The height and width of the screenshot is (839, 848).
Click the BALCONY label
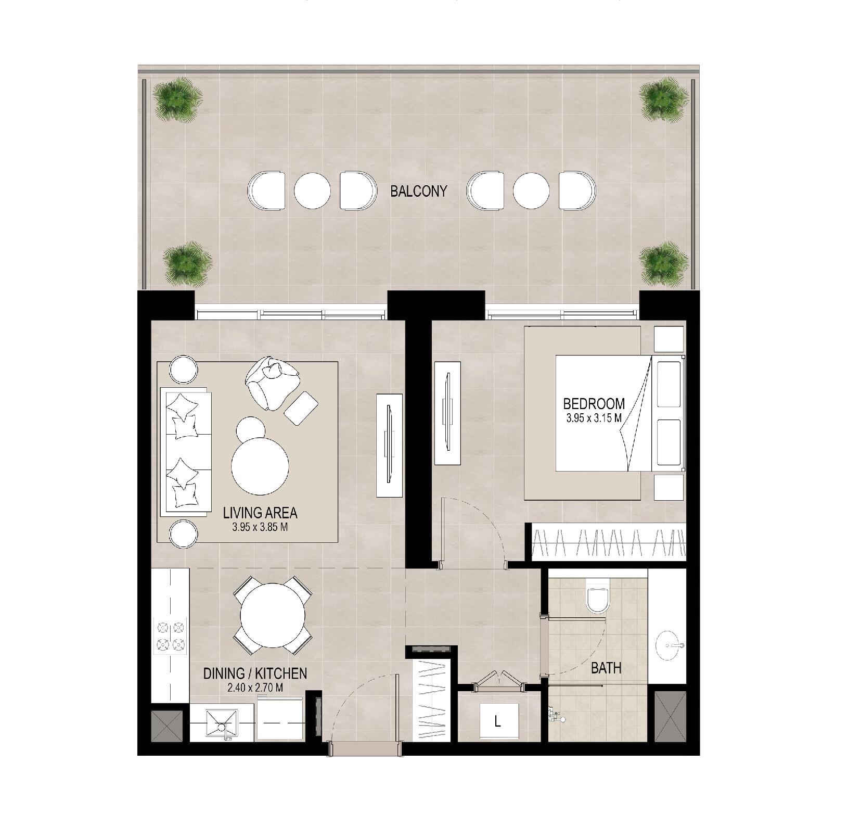418,191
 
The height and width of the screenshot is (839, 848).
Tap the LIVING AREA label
260,513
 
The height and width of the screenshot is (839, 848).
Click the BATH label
606,668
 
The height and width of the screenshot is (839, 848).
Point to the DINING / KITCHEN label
255,673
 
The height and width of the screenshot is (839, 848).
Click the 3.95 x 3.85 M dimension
260,527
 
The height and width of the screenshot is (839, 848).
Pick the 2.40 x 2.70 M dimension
255,688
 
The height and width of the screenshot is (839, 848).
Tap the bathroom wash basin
671,645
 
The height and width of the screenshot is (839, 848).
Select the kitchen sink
222,723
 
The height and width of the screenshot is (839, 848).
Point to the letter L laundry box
498,721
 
